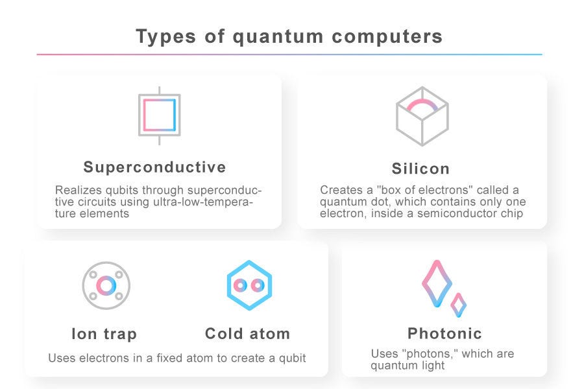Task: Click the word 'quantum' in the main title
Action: click(278, 37)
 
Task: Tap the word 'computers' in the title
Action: click(387, 37)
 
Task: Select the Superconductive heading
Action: click(154, 167)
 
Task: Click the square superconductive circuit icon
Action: click(160, 115)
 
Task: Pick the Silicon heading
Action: click(420, 169)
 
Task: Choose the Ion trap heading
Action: click(104, 334)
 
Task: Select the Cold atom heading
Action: click(247, 333)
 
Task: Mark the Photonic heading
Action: click(444, 333)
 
